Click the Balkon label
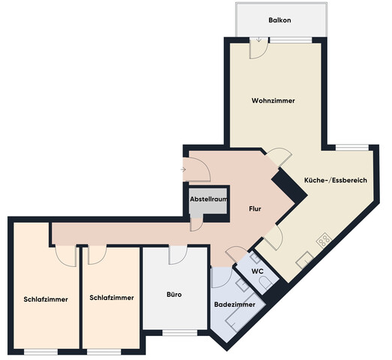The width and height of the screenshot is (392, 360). click(279, 21)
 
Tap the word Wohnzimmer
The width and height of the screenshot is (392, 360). click(273, 100)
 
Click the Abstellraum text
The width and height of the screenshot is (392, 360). click(209, 200)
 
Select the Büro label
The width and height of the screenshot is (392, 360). click(173, 294)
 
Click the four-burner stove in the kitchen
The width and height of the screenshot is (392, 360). click(324, 240)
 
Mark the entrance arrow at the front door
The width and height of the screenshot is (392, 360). click(185, 169)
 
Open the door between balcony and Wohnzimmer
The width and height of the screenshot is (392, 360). click(257, 49)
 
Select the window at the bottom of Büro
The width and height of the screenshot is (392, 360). click(174, 332)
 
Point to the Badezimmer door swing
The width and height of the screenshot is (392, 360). click(222, 278)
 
